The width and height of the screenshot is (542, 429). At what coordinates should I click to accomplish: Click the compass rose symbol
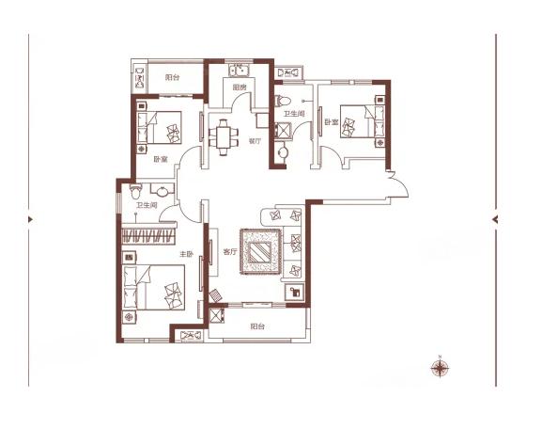440,368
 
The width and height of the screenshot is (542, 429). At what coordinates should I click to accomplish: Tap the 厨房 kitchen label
240,87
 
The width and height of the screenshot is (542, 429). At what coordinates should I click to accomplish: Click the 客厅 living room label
230,252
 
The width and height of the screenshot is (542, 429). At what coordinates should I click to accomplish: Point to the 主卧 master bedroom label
186,254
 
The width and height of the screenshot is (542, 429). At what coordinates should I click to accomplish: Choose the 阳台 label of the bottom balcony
258,326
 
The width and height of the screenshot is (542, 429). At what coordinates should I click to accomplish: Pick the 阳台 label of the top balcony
172,77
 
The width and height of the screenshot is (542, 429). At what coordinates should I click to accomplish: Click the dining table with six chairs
224,137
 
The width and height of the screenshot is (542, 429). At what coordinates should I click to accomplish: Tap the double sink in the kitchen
240,71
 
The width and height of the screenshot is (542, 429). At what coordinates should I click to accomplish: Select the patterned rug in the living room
260,252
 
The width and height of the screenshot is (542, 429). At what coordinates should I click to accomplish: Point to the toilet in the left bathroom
135,191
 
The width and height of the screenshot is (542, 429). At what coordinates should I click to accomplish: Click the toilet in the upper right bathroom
283,101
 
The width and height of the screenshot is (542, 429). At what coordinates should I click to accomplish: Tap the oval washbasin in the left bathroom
162,191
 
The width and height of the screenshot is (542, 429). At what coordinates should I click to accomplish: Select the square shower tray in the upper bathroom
283,131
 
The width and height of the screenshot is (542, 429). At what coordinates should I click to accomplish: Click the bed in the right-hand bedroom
362,121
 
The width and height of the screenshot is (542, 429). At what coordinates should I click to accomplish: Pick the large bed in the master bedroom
153,288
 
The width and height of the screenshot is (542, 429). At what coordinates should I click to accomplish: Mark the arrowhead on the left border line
31,219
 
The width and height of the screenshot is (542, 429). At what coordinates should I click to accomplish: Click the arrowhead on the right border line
495,219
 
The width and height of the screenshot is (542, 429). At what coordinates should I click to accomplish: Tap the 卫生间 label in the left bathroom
147,205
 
